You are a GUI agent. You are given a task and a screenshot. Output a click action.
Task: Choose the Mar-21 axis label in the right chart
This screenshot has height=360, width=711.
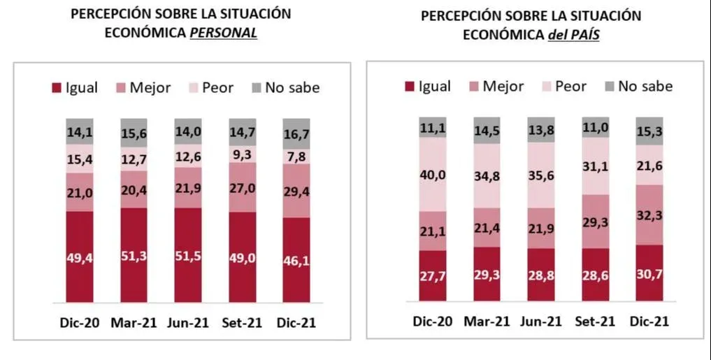click(487, 321)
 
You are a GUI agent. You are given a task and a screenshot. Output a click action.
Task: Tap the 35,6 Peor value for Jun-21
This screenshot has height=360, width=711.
click(542, 175)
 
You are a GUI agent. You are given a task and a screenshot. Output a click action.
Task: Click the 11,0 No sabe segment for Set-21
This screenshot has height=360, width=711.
click(596, 127)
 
